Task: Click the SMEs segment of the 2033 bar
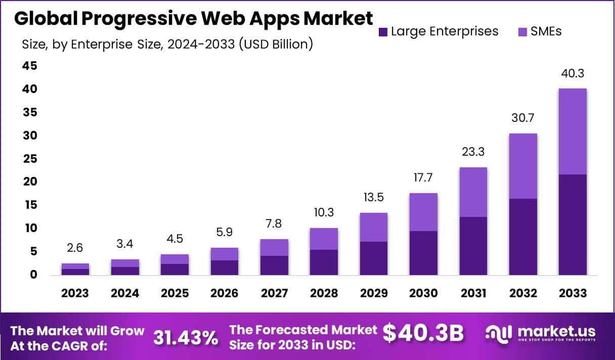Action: (x=573, y=131)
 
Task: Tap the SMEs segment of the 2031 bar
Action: (x=473, y=192)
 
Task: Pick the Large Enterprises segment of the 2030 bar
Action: (x=424, y=253)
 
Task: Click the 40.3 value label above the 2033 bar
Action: (x=573, y=73)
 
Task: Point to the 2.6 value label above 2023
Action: (x=75, y=248)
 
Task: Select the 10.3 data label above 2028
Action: (x=324, y=213)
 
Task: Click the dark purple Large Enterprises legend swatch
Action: (x=383, y=32)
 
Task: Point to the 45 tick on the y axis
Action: (x=29, y=66)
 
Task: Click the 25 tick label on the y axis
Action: (x=29, y=159)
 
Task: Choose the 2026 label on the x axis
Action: (x=225, y=294)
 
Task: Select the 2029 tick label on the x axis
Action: (x=374, y=294)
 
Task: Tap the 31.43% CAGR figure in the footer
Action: (x=186, y=338)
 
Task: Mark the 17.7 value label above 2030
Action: (x=424, y=178)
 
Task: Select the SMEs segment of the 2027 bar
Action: (x=275, y=247)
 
